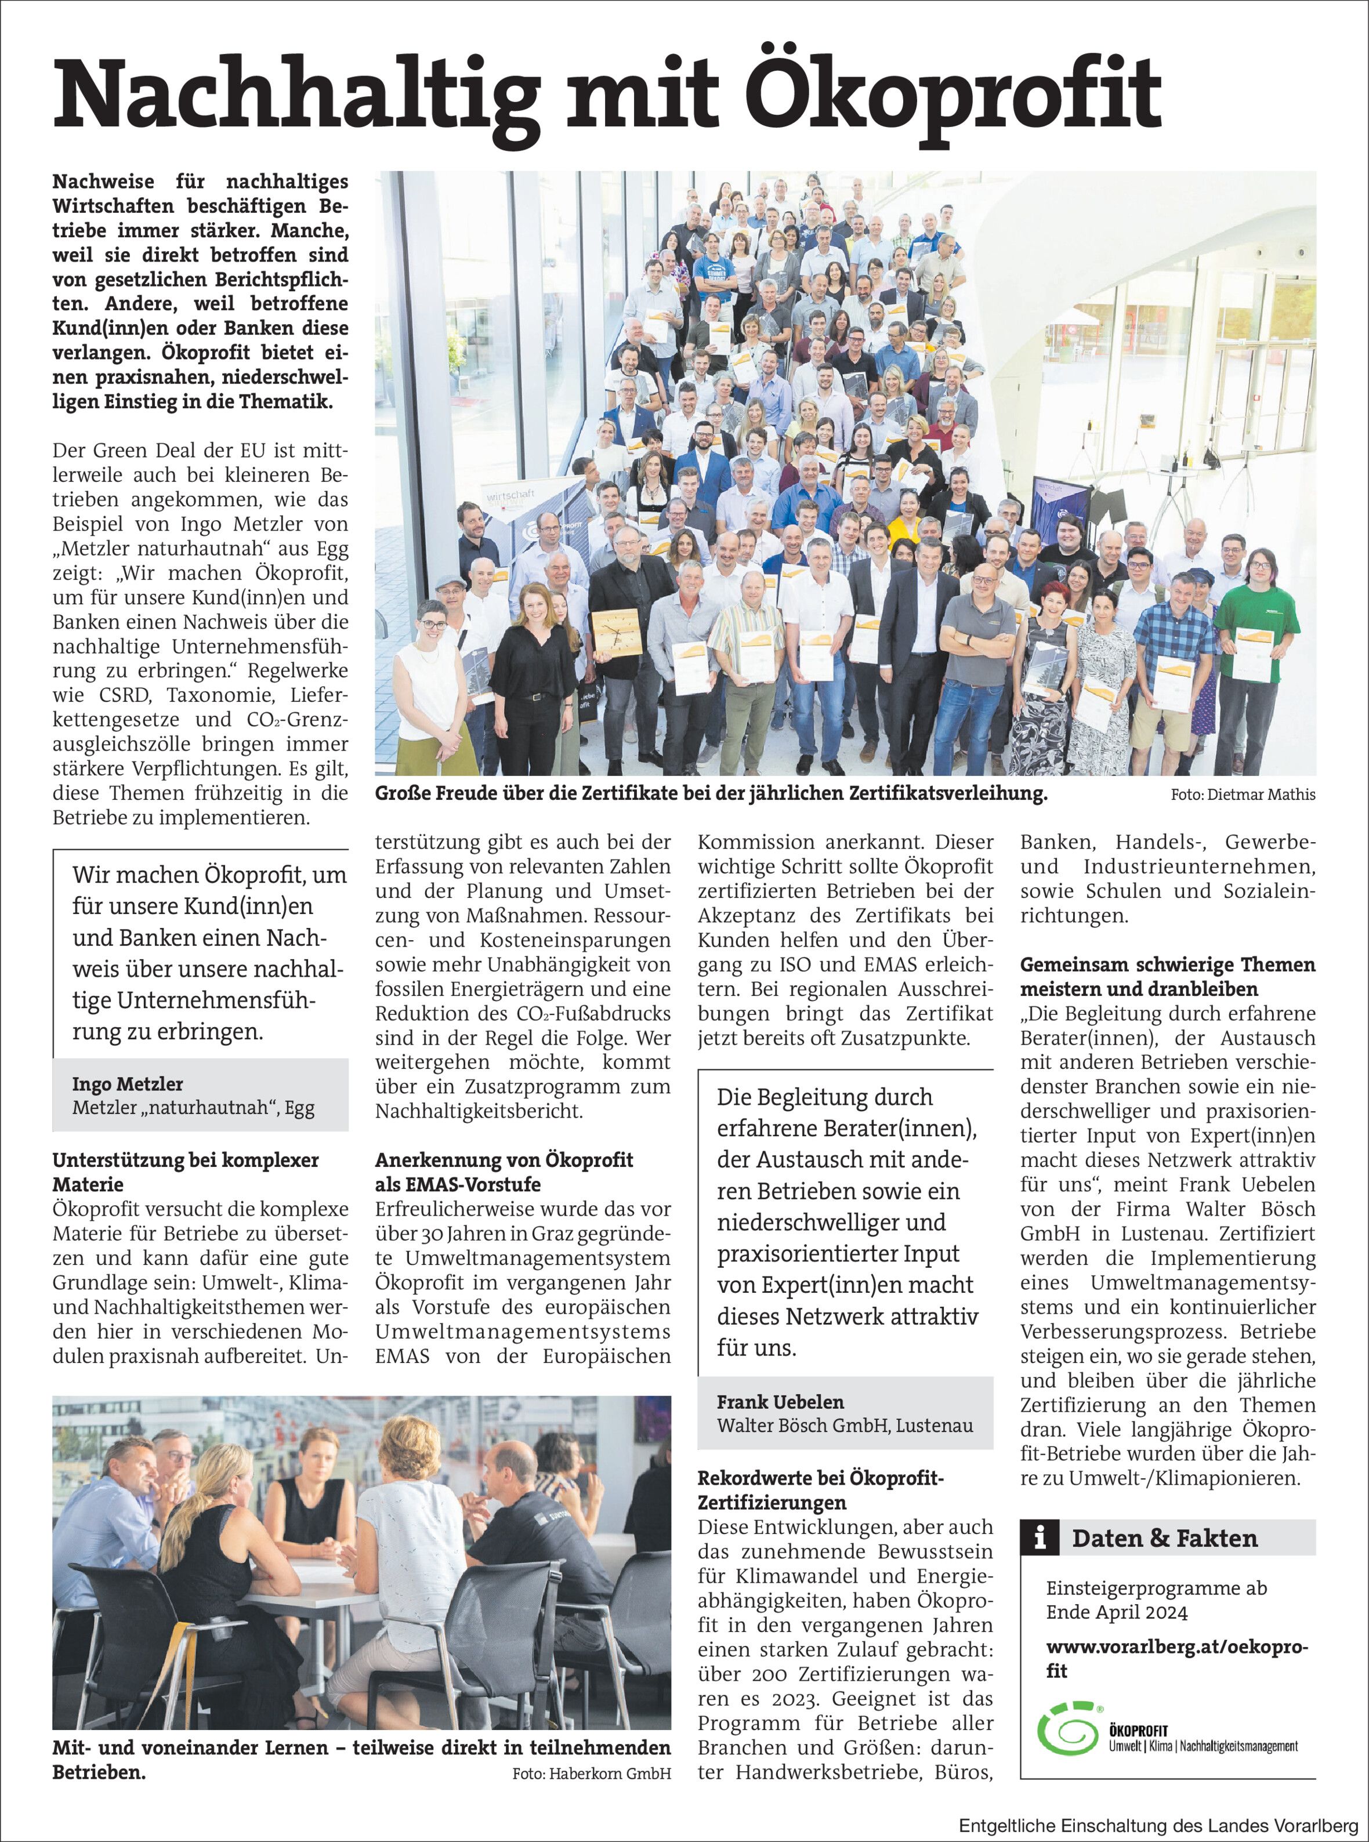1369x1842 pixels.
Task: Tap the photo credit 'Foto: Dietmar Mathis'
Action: tap(1242, 795)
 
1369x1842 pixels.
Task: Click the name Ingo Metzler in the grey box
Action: tap(128, 1084)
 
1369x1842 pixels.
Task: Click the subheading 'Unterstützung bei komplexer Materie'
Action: tap(186, 1172)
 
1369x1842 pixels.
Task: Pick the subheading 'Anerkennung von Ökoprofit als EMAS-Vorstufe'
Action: tap(504, 1172)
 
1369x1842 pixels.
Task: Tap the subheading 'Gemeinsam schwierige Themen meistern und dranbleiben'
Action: tap(1167, 976)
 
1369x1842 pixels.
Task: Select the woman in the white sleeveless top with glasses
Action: tap(429, 675)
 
